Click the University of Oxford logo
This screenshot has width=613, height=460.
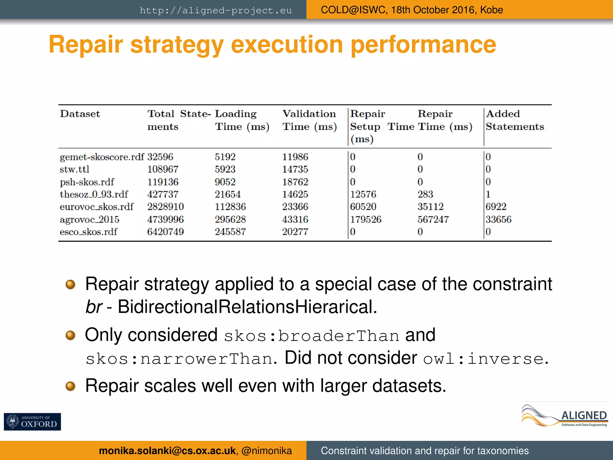(x=32, y=421)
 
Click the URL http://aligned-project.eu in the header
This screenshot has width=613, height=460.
(x=216, y=10)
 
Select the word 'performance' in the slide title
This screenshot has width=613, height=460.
(x=423, y=44)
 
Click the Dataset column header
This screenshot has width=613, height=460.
(x=80, y=114)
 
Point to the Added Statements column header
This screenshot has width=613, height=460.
(x=515, y=120)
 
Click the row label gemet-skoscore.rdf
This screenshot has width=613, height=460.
(x=102, y=157)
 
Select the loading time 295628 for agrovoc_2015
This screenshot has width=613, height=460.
(x=230, y=219)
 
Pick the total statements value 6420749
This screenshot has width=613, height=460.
(x=165, y=231)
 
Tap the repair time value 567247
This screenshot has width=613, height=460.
(x=433, y=219)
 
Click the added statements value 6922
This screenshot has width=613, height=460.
(x=496, y=207)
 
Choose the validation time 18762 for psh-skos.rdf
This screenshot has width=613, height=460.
(x=295, y=182)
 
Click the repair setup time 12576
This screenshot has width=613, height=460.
(x=363, y=194)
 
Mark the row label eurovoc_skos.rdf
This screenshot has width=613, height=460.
(x=96, y=207)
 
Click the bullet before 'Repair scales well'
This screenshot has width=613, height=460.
(x=70, y=386)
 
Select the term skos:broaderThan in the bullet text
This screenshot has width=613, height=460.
(x=311, y=335)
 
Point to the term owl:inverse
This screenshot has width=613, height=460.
(x=483, y=359)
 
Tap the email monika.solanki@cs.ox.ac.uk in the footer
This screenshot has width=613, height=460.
(x=167, y=450)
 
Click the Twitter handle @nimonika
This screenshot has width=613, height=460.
(x=266, y=450)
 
